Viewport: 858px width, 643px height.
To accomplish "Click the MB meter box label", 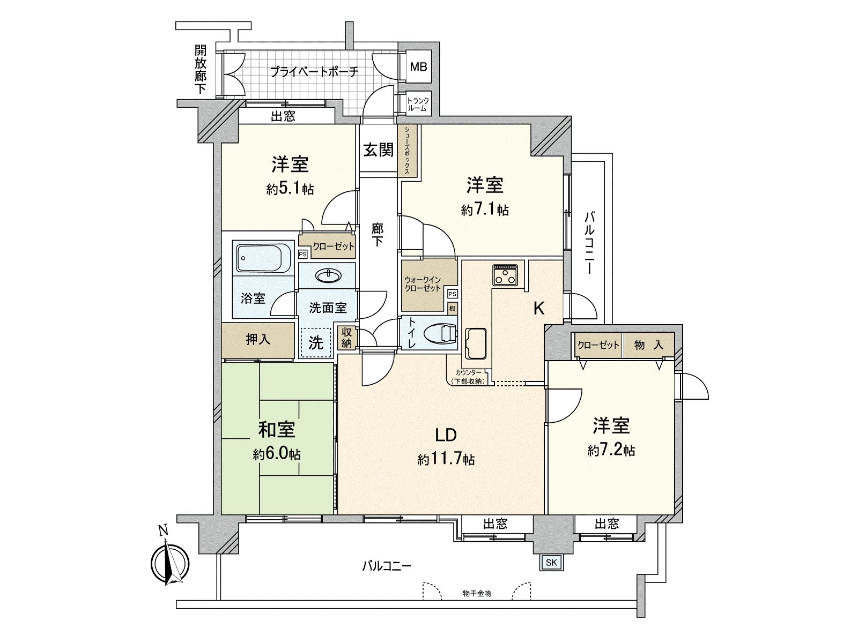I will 418,67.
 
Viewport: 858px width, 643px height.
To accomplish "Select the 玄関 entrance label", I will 379,149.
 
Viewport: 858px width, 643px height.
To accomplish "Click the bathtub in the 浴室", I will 263,258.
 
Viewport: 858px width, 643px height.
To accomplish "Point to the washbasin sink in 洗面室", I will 328,276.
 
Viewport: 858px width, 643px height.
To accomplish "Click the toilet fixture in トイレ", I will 440,334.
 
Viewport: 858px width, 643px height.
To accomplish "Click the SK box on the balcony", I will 551,562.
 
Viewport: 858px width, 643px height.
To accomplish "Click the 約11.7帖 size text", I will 446,459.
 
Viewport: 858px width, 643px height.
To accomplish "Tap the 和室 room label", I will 277,430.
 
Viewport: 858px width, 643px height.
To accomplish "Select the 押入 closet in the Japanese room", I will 258,340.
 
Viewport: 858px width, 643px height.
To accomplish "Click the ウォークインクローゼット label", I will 423,284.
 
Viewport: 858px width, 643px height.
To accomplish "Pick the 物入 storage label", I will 648,345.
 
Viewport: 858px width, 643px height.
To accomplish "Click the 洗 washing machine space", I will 316,342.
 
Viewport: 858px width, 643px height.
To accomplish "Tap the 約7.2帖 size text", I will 611,451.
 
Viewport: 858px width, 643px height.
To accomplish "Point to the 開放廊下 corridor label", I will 201,70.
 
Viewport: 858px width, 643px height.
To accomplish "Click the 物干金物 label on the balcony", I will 477,593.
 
